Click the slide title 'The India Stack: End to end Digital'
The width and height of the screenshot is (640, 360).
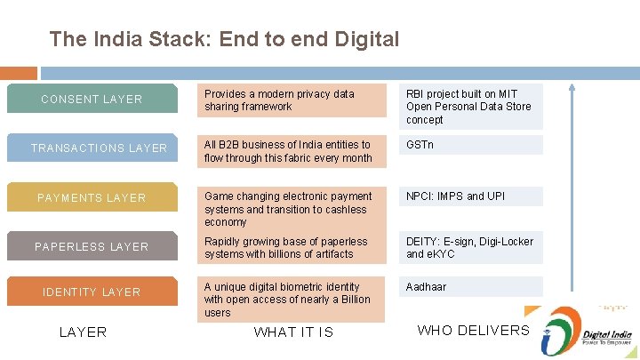click(x=225, y=39)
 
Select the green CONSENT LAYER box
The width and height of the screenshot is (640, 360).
click(x=92, y=99)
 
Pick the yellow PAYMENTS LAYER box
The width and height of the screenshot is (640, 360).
click(x=92, y=197)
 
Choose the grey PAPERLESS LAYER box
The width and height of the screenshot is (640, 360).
click(x=92, y=246)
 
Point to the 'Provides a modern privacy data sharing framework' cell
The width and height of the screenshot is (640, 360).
click(x=292, y=100)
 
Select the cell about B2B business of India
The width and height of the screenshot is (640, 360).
click(x=292, y=151)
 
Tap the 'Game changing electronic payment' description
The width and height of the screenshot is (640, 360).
click(x=292, y=209)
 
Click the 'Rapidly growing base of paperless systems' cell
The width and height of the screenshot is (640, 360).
click(x=292, y=247)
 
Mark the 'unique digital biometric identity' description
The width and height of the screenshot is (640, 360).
click(x=292, y=300)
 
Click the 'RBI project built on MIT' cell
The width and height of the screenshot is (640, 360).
click(x=470, y=107)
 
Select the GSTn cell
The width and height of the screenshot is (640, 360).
click(x=470, y=145)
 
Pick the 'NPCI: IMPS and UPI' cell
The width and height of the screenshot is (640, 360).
click(x=470, y=196)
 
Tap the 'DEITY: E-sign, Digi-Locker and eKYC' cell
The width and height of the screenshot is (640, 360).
click(x=470, y=248)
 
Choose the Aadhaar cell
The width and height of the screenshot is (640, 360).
click(x=470, y=287)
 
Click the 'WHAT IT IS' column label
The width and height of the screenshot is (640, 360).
click(x=293, y=332)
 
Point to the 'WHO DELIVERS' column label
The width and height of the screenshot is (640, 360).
click(x=473, y=331)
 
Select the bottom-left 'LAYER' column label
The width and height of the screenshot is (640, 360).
click(x=83, y=332)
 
